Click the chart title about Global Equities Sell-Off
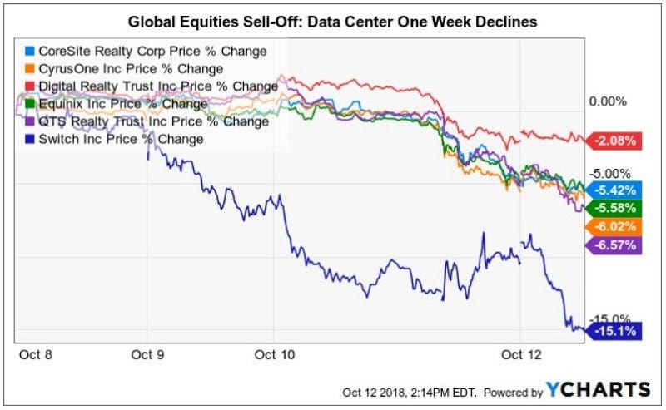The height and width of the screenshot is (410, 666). (333, 21)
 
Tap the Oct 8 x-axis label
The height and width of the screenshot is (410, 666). (35, 353)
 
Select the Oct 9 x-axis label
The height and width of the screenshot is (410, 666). (147, 353)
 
